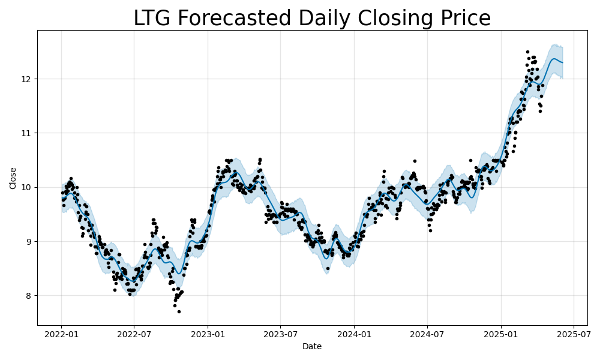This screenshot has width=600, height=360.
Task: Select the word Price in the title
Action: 463,19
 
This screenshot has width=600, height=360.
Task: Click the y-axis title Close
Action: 13,178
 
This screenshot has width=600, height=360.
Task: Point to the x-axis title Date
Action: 312,346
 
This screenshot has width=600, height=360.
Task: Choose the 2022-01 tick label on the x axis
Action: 61,334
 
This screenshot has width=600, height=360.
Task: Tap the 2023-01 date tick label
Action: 208,334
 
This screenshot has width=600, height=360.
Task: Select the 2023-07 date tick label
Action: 280,334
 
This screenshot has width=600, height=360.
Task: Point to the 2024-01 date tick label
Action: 354,334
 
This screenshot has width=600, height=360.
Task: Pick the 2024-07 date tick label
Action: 427,334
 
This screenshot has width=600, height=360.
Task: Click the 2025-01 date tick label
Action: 501,334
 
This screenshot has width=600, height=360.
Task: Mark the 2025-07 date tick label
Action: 574,334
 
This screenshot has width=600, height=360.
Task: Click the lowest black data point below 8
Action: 179,311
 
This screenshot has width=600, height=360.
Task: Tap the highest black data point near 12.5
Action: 527,52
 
